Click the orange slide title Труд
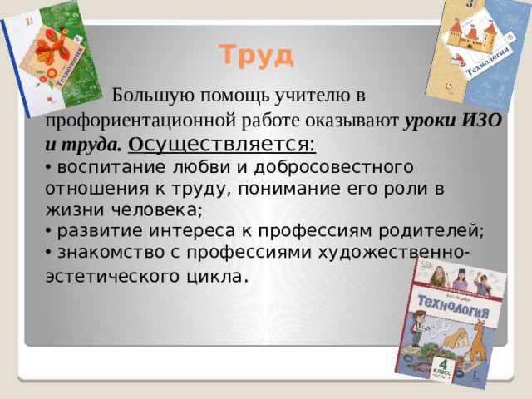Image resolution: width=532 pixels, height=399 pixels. click(x=256, y=56)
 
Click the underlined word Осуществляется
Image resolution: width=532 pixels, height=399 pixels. click(x=221, y=145)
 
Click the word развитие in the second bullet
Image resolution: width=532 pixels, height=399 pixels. click(x=91, y=230)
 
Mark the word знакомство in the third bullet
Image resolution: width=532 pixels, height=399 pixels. click(x=103, y=252)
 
